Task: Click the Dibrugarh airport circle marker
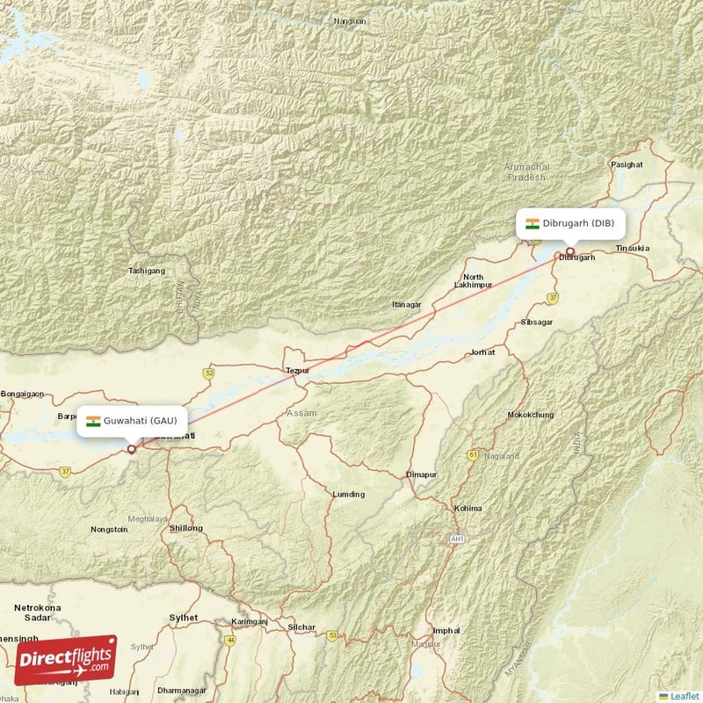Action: pos(569,251)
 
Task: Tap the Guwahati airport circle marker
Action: pos(132,449)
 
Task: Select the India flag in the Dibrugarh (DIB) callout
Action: pos(532,223)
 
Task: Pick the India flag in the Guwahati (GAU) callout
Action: pos(92,421)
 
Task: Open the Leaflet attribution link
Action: pos(683,695)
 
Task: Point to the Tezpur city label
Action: pos(298,371)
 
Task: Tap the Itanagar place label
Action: pos(407,304)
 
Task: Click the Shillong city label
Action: pos(185,528)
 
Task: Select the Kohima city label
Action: pos(467,508)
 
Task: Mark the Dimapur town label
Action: pos(421,475)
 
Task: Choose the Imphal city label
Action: pos(446,630)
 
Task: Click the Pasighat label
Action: pos(627,164)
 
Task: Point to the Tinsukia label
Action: pos(632,249)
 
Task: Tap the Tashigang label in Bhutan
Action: pos(147,271)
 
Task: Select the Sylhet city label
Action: pos(183,618)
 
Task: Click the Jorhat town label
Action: pos(482,351)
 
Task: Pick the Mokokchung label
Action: pos(530,415)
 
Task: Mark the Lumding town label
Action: pos(348,494)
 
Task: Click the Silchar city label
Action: pos(301,627)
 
